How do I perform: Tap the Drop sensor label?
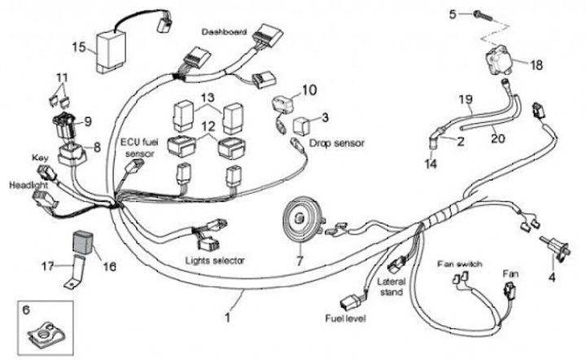pos(337,143)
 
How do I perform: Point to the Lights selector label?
pos(214,260)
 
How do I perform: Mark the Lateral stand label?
pos(394,287)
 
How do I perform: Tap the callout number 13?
pos(208,98)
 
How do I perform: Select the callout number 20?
pos(497,138)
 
